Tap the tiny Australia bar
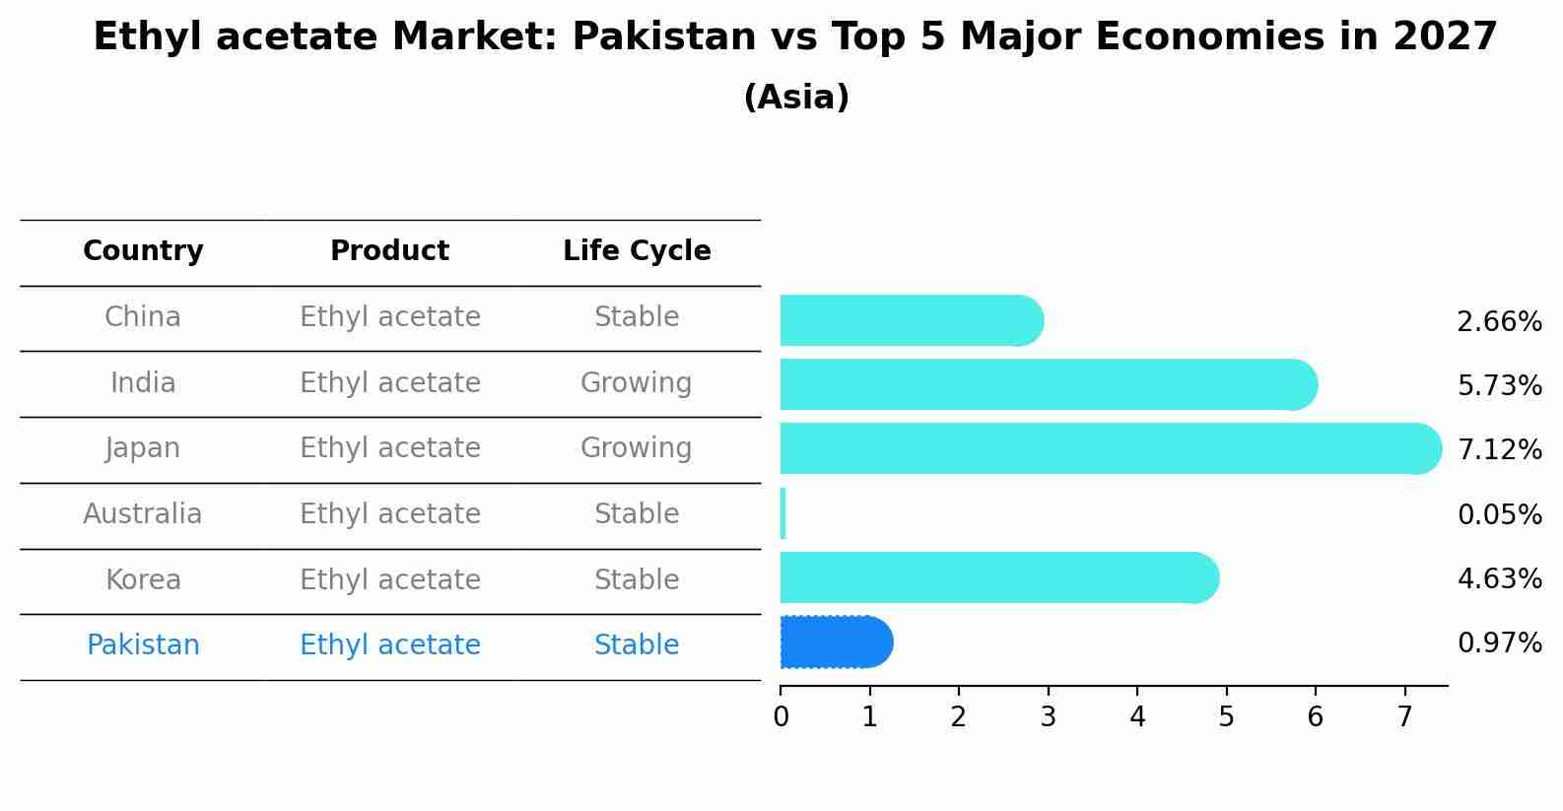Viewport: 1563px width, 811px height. point(782,513)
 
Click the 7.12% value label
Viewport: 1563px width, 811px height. point(1499,450)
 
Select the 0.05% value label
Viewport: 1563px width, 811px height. point(1499,515)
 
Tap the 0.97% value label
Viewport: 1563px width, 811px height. point(1499,644)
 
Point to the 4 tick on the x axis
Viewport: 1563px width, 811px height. point(1137,717)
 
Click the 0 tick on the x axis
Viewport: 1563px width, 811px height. point(781,717)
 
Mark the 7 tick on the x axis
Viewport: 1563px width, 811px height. point(1404,717)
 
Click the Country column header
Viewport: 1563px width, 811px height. point(143,252)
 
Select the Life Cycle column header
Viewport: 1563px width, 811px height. point(637,252)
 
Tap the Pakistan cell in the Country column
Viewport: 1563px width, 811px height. point(143,645)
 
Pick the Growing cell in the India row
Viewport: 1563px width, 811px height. point(636,383)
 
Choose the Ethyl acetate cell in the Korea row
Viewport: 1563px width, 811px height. point(390,580)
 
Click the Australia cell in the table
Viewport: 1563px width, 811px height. point(142,514)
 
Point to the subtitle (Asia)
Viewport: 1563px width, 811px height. point(796,98)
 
